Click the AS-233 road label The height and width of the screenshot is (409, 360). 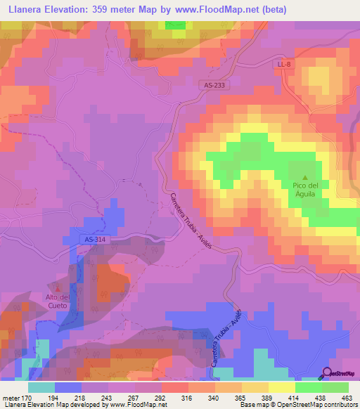pyautogui.click(x=214, y=84)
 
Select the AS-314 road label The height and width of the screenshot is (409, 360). pyautogui.click(x=84, y=239)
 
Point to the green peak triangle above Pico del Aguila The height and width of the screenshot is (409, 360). pyautogui.click(x=305, y=176)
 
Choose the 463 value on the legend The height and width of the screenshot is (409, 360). pyautogui.click(x=345, y=398)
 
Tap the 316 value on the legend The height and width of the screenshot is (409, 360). pyautogui.click(x=187, y=398)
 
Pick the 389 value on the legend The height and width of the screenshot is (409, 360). pyautogui.click(x=266, y=398)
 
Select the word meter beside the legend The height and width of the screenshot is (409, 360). pyautogui.click(x=11, y=398)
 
